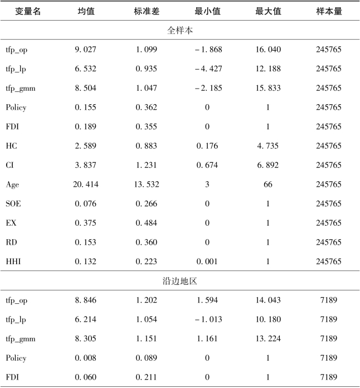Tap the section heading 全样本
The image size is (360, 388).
click(179, 30)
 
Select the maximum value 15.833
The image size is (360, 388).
click(267, 88)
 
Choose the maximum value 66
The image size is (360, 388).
click(267, 185)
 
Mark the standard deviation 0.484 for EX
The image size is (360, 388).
click(147, 223)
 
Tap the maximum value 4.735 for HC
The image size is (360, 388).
click(267, 146)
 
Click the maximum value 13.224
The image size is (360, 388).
click(267, 338)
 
